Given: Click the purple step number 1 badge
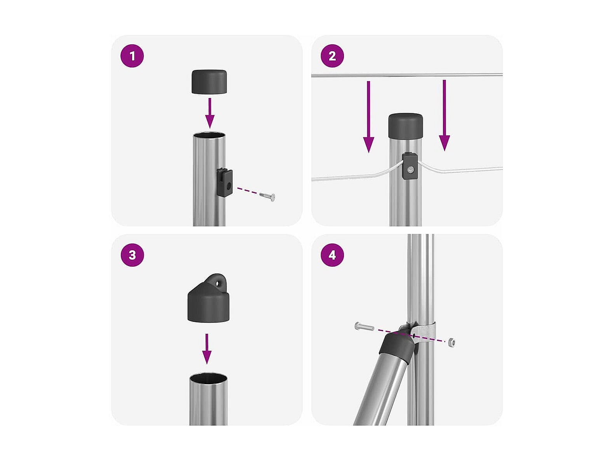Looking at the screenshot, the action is (132, 56).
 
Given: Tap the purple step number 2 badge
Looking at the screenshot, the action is (332, 56).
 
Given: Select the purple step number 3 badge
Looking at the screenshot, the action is (132, 254).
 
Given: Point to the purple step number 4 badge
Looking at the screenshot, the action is (332, 254).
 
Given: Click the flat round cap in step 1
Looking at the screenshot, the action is (209, 81).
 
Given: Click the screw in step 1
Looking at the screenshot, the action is (267, 196).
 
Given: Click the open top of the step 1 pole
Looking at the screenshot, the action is (209, 135).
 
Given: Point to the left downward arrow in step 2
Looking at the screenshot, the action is (368, 117).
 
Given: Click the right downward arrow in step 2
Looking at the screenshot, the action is (444, 115).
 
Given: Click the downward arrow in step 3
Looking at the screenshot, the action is (207, 349).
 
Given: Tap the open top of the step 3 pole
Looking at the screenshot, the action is (208, 377).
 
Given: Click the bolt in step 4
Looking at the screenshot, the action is (364, 326).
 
